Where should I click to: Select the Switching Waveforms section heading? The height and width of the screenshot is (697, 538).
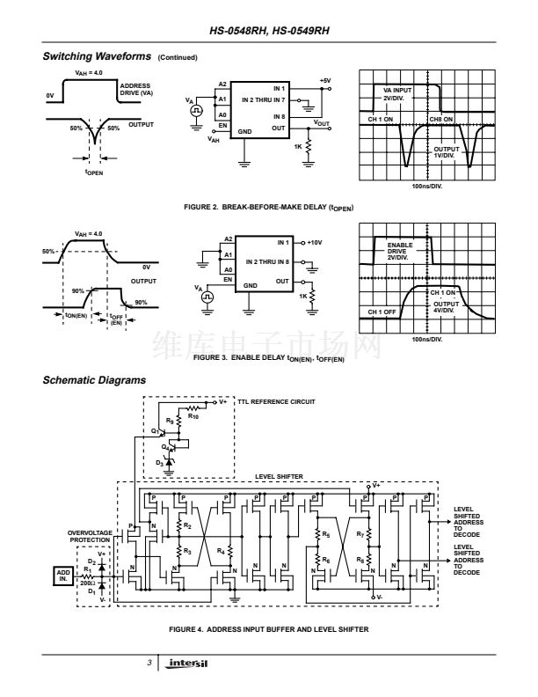97,57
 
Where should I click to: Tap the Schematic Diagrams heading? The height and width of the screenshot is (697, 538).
94,380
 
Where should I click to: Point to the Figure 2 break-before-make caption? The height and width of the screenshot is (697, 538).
268,209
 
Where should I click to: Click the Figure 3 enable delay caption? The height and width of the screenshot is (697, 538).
268,359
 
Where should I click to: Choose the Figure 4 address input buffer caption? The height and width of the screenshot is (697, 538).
268,628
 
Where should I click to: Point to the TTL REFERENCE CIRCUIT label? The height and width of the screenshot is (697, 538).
276,400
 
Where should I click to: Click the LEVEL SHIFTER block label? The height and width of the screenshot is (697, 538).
279,476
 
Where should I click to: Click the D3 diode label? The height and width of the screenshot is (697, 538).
159,461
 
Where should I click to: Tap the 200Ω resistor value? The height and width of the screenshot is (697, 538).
86,583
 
